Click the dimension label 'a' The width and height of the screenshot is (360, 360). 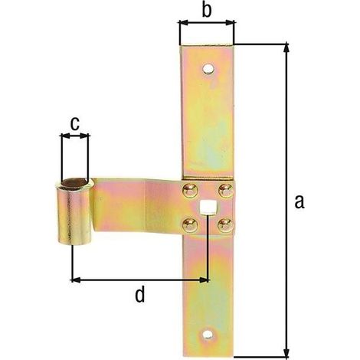[x=299, y=201]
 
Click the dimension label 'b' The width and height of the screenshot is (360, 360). [x=207, y=11]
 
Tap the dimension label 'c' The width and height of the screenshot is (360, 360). [x=74, y=124]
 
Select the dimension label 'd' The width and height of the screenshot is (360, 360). [x=139, y=294]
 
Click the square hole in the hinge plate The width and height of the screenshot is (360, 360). [x=207, y=207]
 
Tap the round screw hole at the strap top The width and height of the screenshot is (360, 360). [x=208, y=69]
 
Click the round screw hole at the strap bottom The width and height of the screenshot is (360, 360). [x=208, y=335]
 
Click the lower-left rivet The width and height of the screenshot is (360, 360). [x=190, y=225]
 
